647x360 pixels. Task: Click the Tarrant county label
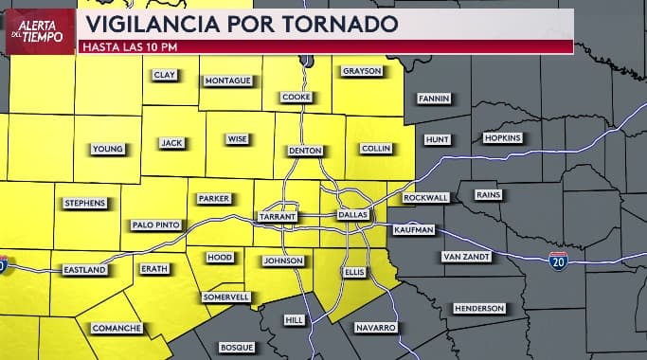(279, 217)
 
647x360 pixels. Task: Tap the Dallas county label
(352, 215)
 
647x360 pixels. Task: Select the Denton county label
(305, 152)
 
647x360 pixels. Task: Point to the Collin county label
(375, 149)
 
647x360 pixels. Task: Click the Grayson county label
(361, 71)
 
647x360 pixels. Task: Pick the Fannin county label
(434, 99)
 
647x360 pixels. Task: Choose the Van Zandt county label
(464, 257)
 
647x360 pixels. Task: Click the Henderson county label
(479, 309)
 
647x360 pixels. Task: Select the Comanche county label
(117, 328)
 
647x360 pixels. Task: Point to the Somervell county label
(227, 297)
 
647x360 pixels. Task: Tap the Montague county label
(228, 81)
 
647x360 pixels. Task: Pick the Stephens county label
(85, 203)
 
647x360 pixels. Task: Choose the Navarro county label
(375, 327)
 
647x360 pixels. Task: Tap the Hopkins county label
(502, 138)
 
